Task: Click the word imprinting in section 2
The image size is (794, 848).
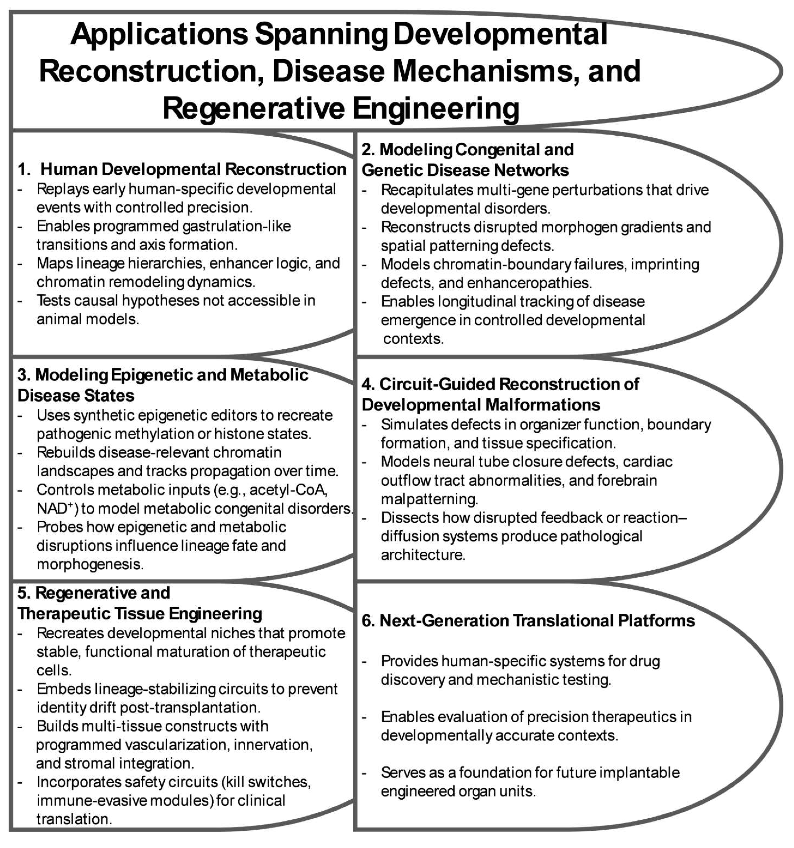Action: point(665,264)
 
